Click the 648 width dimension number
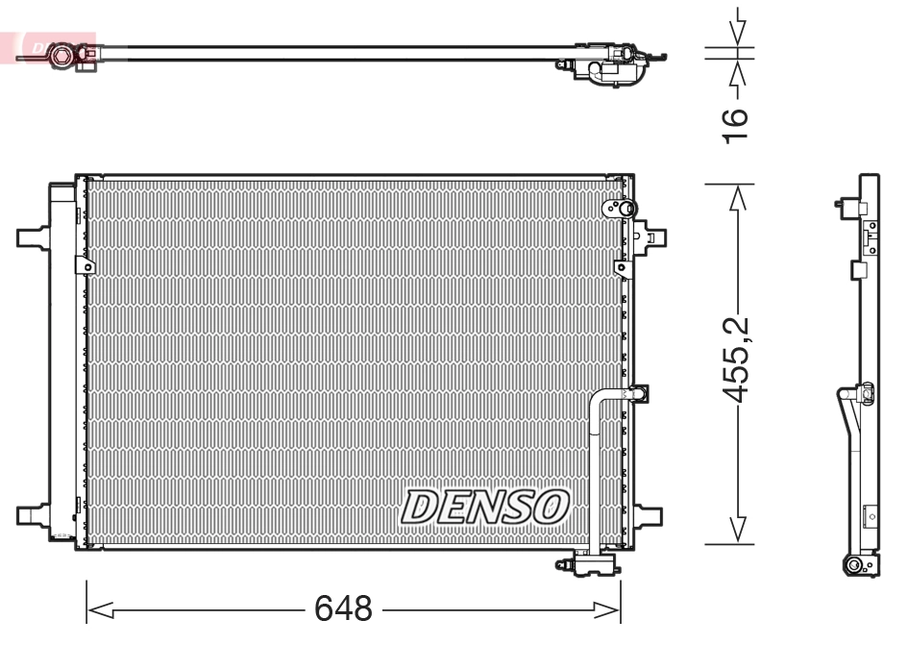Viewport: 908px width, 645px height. (x=343, y=608)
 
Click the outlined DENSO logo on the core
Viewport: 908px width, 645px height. (x=485, y=506)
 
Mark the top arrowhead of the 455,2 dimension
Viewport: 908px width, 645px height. (x=737, y=196)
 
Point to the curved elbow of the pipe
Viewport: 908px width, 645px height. (x=600, y=398)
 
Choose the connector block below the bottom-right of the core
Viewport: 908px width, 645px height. (x=587, y=564)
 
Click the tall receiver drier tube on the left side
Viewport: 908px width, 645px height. (x=62, y=365)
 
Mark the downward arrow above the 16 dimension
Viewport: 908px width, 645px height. (x=738, y=29)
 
